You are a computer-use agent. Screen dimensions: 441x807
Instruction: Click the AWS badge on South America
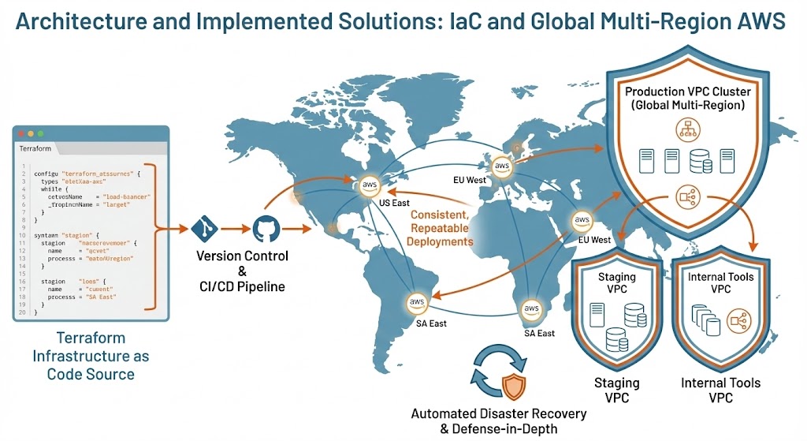[417, 302]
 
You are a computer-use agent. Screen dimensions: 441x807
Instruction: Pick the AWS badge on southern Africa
[532, 308]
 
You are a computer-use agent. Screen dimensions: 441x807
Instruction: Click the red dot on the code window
[21, 133]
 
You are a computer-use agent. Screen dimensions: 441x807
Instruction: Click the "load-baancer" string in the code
[128, 196]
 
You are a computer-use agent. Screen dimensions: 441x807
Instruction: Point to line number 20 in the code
[23, 313]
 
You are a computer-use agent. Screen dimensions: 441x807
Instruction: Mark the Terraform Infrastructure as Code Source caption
[91, 356]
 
